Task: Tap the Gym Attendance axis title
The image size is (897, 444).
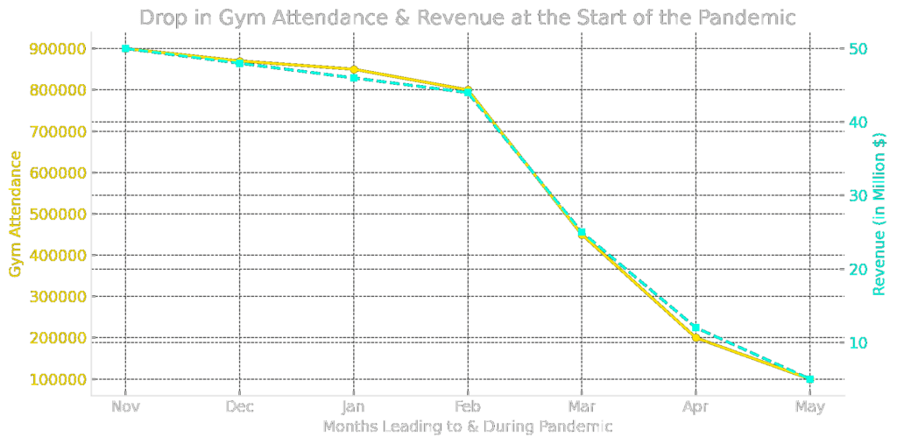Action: tap(15, 215)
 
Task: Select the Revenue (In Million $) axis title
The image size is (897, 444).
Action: tap(879, 215)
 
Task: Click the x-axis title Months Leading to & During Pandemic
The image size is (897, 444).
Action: tap(467, 426)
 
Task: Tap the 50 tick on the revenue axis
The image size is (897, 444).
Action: tap(859, 49)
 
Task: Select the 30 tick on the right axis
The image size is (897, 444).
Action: tap(859, 195)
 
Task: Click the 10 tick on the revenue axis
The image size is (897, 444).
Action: tap(859, 342)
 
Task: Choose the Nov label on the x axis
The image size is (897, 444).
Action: tap(125, 406)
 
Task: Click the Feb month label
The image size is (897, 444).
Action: tap(468, 406)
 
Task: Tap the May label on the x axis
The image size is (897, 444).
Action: tap(809, 406)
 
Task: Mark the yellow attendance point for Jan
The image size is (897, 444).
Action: tap(354, 69)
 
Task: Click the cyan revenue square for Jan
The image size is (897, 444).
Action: tap(354, 78)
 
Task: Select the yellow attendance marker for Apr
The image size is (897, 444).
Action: tap(696, 337)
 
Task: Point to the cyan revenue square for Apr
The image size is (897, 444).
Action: tap(696, 328)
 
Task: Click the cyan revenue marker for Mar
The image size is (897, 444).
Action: tap(582, 232)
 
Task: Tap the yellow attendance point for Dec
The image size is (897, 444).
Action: tap(239, 61)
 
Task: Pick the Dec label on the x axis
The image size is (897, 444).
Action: tap(239, 406)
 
